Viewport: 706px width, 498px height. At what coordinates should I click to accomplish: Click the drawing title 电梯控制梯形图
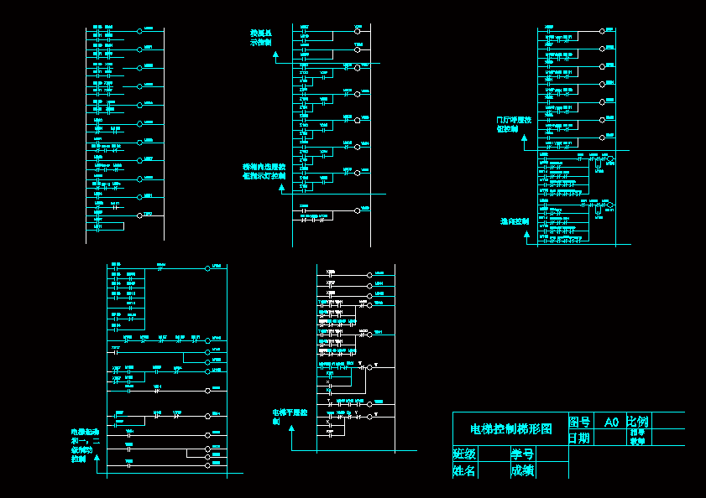tap(510, 428)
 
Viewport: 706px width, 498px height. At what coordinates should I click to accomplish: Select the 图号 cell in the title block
tap(579, 422)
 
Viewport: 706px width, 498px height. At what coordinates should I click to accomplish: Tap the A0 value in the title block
tap(611, 422)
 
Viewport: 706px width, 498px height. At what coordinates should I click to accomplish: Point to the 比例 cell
tap(637, 421)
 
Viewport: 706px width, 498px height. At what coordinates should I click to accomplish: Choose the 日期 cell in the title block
tap(578, 438)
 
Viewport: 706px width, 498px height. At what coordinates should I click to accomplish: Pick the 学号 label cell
tap(522, 454)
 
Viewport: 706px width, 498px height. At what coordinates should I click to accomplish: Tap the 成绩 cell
tap(522, 470)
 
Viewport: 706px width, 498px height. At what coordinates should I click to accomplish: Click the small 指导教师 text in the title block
tap(638, 437)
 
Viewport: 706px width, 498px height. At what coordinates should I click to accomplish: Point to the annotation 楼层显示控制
tap(261, 37)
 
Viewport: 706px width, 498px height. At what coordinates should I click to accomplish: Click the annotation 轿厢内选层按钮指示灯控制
tap(264, 171)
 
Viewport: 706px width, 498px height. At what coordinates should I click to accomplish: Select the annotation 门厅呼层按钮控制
tap(514, 124)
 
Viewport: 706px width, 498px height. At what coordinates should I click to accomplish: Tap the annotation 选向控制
tap(514, 221)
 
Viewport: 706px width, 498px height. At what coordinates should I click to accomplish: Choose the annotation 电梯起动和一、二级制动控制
tap(85, 445)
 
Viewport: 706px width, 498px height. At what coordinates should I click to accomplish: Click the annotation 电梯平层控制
tap(290, 417)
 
